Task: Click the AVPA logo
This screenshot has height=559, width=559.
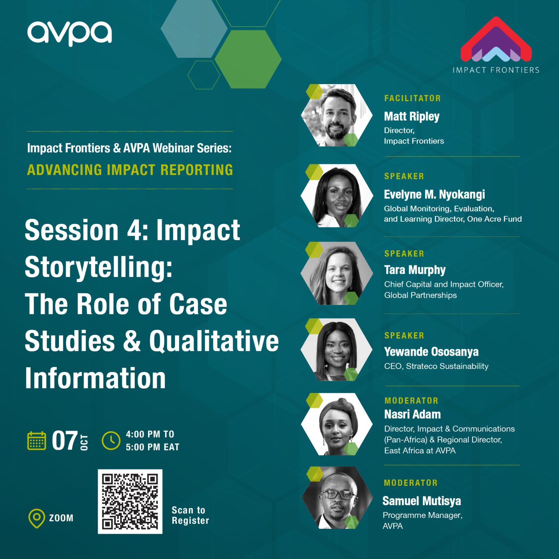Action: coord(69,33)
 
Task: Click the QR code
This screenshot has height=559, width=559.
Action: coord(130,501)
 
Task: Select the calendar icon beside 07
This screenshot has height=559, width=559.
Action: coord(37,441)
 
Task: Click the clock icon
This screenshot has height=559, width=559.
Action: coord(111,441)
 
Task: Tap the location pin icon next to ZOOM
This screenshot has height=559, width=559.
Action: coord(36,518)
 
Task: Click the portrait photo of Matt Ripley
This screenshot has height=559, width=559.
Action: coord(337,115)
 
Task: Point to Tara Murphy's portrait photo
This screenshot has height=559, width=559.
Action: coord(337,273)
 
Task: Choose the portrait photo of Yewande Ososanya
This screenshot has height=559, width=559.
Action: coord(337,350)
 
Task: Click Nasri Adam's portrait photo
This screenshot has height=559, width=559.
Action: coord(337,424)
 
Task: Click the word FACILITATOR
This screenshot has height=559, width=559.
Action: coord(412,98)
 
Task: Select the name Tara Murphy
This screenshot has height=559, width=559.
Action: coord(415,270)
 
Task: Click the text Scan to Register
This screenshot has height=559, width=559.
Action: coord(190,515)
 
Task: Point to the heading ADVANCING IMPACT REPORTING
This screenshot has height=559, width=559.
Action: coord(130,170)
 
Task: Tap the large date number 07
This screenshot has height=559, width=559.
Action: coord(65,441)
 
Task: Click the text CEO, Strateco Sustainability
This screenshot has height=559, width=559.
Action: coord(436,366)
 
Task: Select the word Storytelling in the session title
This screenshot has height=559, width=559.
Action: coord(99,267)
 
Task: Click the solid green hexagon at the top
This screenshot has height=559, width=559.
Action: coord(248,59)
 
